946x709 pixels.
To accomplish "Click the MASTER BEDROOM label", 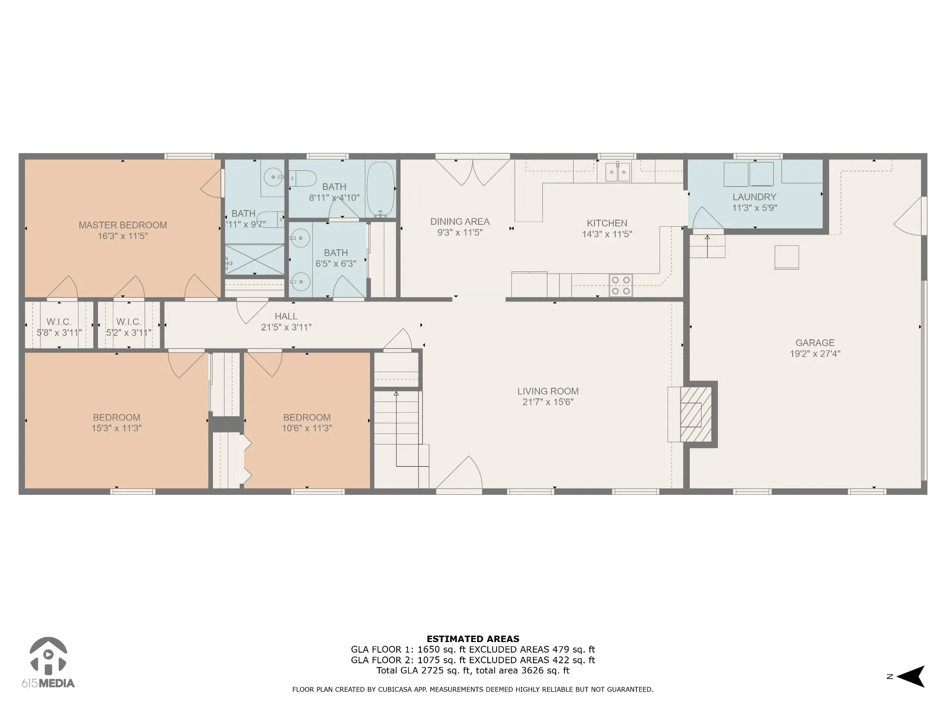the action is (122, 225).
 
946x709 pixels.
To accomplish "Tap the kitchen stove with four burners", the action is (621, 285).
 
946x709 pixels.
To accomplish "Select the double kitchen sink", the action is (618, 172).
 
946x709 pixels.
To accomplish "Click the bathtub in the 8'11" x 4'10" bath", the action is (381, 189).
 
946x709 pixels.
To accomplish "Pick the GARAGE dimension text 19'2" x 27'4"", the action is (815, 354).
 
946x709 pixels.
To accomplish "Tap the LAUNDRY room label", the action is (754, 197).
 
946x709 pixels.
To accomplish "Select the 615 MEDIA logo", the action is (48, 663).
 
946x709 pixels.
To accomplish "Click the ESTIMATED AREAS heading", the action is (473, 639).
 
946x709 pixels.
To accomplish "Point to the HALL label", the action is (286, 317).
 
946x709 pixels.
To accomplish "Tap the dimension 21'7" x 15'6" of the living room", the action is (548, 402).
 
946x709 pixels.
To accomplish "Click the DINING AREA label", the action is (460, 222).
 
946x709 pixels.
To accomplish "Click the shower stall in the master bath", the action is (254, 259).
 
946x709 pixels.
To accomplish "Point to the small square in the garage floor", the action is (787, 257).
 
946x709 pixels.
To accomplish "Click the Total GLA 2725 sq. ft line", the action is (473, 671).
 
